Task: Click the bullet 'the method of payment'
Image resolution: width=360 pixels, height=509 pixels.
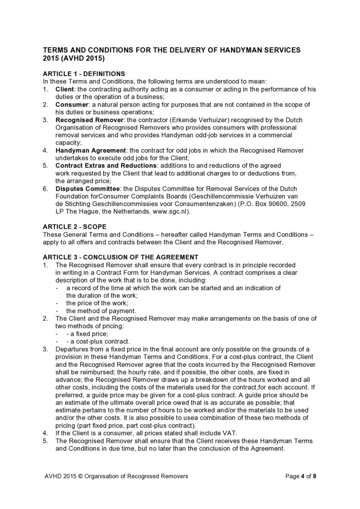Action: (98, 311)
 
